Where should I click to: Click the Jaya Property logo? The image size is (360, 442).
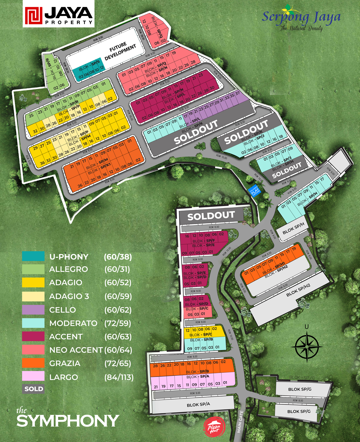click(58, 14)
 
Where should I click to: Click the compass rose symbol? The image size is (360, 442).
click(307, 347)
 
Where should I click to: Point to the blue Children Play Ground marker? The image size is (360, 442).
click(255, 191)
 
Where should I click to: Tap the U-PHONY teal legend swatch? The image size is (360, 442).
click(33, 256)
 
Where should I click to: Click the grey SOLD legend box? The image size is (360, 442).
click(33, 389)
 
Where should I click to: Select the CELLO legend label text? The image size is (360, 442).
click(62, 310)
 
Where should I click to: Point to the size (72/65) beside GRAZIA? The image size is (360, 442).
click(118, 363)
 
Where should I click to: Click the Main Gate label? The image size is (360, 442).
click(241, 422)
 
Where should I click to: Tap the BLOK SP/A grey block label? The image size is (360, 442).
click(198, 404)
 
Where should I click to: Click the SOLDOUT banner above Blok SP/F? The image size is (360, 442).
click(211, 216)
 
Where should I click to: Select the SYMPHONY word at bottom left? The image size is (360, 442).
click(68, 421)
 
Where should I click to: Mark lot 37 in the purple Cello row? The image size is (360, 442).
click(238, 93)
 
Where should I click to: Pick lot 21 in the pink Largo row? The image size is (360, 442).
click(156, 386)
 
